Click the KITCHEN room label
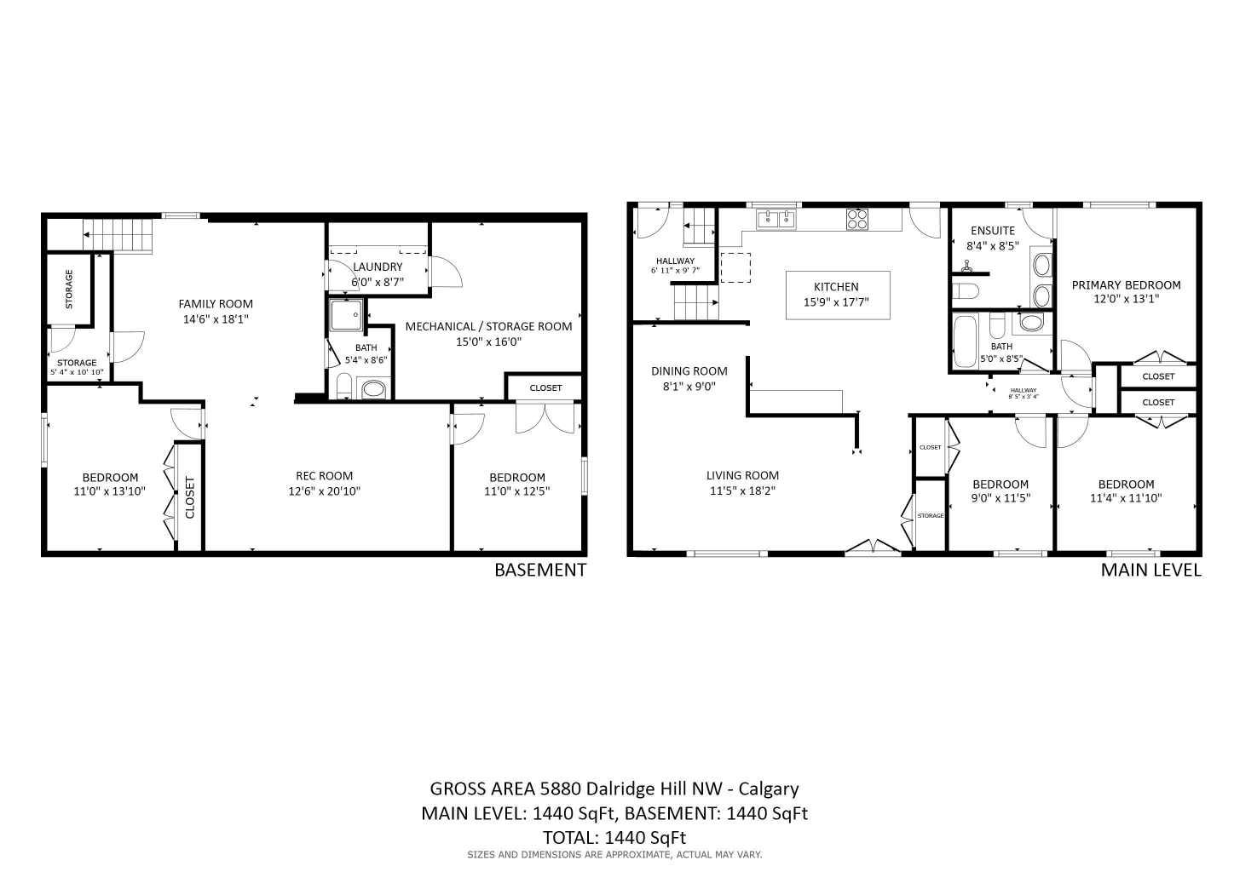click(x=835, y=287)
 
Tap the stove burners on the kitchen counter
click(x=856, y=219)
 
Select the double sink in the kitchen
click(x=776, y=220)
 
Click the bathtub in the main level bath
click(x=965, y=341)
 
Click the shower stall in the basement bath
click(x=347, y=316)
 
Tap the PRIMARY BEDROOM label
click(x=1126, y=285)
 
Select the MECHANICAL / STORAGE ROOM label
click(x=488, y=326)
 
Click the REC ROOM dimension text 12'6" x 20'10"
click(x=324, y=490)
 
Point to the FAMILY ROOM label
click(x=216, y=304)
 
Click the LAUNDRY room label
click(x=378, y=267)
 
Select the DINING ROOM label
click(x=689, y=371)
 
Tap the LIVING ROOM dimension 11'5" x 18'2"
click(x=742, y=490)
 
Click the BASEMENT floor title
click(x=540, y=571)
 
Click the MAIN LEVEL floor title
click(x=1150, y=571)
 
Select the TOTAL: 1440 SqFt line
click(x=614, y=837)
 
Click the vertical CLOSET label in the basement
click(x=189, y=497)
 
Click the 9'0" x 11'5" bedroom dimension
click(x=1000, y=498)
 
